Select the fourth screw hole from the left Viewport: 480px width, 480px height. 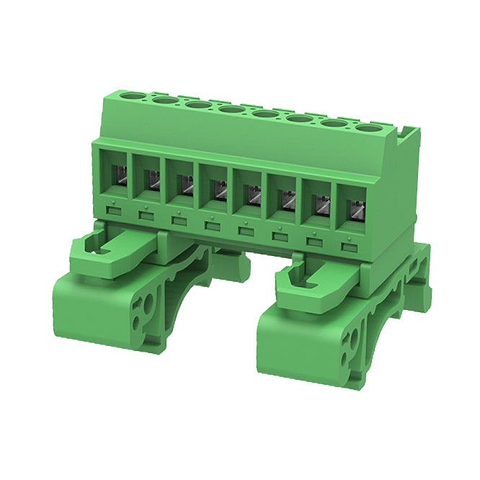tap(231, 109)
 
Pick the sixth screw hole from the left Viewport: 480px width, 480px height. tap(299, 118)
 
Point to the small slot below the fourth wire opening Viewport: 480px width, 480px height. tap(212, 227)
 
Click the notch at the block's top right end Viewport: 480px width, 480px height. tap(409, 133)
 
